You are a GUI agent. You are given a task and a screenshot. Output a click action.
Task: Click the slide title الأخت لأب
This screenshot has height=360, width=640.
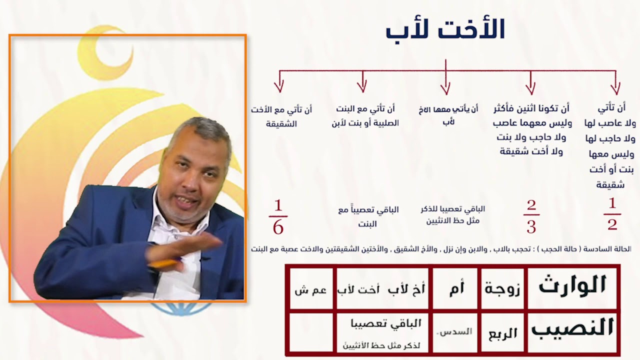[x=445, y=30]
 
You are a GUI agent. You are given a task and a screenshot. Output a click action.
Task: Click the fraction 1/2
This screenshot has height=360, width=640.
[x=612, y=214]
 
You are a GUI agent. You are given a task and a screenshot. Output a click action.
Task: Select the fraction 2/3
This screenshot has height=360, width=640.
[x=531, y=216]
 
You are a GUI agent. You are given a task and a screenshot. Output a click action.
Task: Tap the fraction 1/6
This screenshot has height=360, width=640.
[x=278, y=217]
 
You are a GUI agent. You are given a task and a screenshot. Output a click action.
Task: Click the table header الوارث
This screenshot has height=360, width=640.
[x=572, y=286]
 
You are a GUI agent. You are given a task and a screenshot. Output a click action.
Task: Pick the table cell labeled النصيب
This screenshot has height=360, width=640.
[x=572, y=328]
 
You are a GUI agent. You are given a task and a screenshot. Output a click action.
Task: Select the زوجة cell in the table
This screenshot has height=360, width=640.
[x=502, y=289]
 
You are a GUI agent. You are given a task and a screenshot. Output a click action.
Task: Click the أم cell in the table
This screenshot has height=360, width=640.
[x=456, y=289]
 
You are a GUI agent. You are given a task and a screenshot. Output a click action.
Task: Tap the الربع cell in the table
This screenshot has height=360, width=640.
[x=502, y=333]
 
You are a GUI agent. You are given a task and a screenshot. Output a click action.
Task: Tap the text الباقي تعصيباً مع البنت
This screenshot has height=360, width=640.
[x=368, y=216]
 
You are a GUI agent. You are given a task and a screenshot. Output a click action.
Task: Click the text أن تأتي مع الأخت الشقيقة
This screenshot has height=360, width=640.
[x=281, y=116]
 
